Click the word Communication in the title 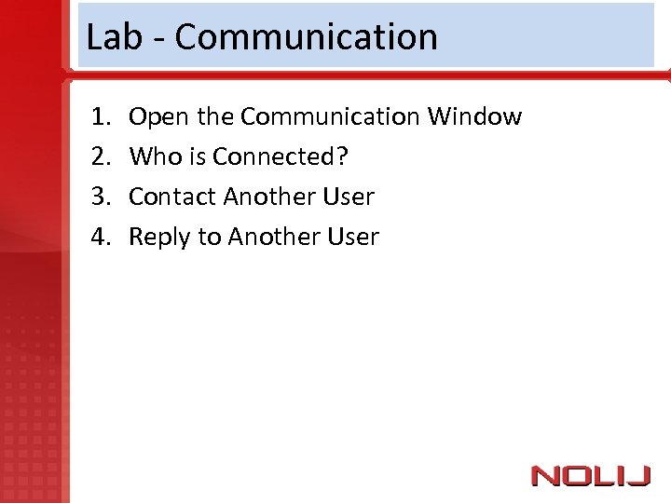[306, 37]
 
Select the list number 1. [100, 117]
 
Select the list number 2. [100, 157]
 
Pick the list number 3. [100, 197]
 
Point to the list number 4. [100, 238]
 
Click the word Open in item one [155, 117]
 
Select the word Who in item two [151, 157]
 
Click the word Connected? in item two [280, 157]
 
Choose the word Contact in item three [171, 197]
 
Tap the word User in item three [348, 197]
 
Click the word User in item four [352, 238]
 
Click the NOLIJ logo [590, 476]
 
